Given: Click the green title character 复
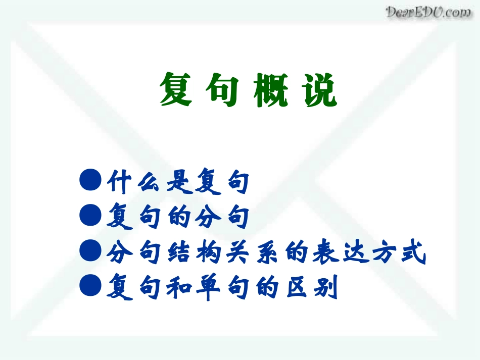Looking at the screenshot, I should [x=176, y=90].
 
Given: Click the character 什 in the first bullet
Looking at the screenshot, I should [x=120, y=182].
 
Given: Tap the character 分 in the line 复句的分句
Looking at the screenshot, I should [x=208, y=218].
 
